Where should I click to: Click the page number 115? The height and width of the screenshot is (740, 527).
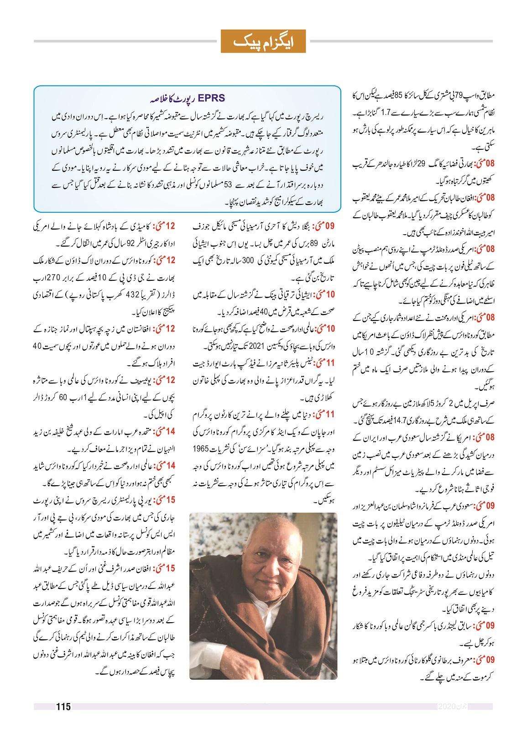pyautogui.click(x=63, y=707)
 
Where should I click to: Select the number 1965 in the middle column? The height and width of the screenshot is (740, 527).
pyautogui.click(x=200, y=449)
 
